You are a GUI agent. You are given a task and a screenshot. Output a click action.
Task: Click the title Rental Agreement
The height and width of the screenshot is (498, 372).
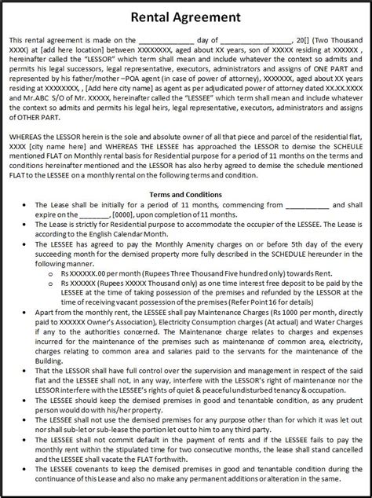[186, 18]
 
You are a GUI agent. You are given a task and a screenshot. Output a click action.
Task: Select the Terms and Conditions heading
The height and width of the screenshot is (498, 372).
[185, 194]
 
